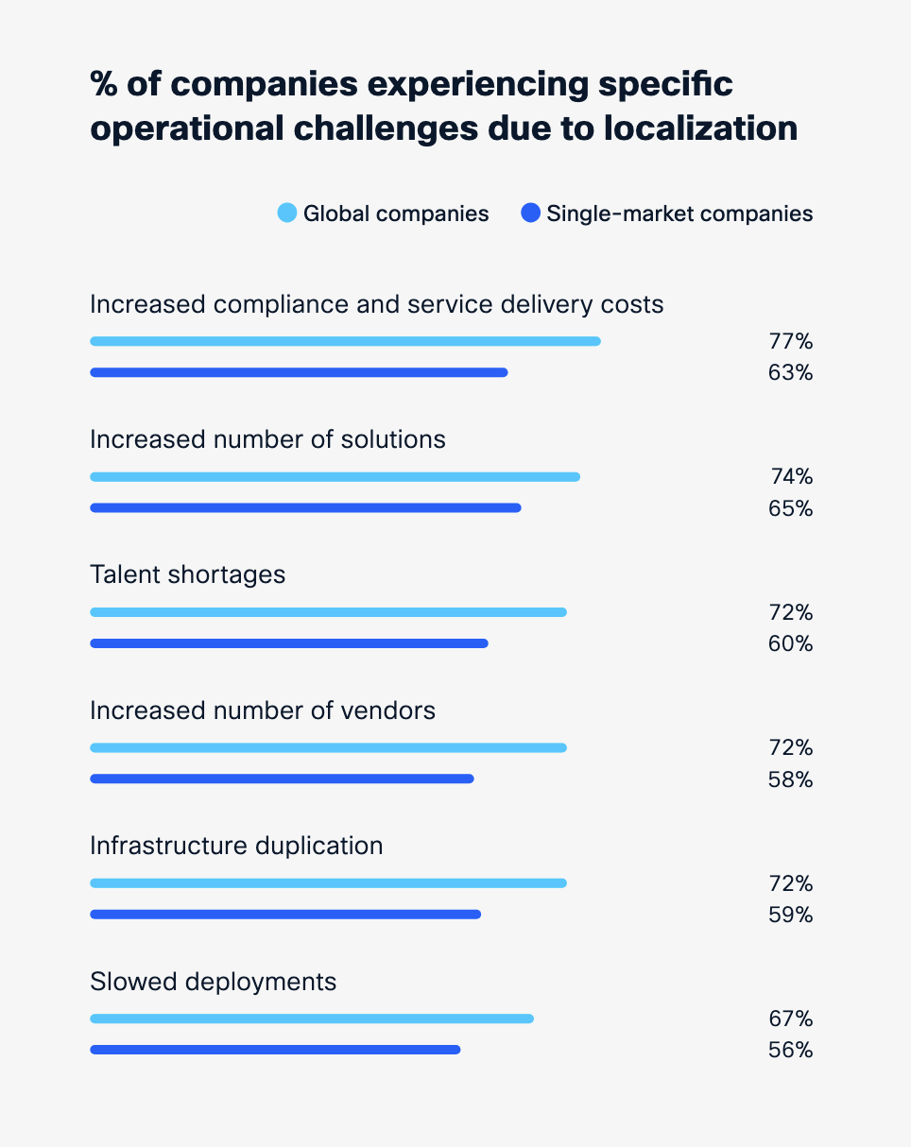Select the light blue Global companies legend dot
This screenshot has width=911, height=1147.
287,214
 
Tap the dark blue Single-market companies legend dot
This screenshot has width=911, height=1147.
530,214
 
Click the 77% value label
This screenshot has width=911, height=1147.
790,341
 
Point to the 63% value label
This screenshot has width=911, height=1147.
790,372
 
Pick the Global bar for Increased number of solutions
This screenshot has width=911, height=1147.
335,476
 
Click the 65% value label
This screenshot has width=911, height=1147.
790,508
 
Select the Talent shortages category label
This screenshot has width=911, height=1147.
187,574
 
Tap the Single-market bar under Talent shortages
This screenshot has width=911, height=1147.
288,643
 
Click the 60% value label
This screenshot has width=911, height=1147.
790,643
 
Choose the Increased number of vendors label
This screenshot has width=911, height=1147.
263,710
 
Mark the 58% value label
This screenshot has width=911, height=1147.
790,779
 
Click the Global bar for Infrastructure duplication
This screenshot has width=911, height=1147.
328,883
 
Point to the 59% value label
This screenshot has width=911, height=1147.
790,915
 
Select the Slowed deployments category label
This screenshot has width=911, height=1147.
213,982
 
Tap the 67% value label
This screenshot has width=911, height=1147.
790,1019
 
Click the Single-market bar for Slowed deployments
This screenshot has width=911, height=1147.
275,1050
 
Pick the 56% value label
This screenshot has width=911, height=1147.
790,1050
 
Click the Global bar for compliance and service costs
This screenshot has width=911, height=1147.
345,341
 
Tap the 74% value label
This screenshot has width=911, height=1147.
790,476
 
